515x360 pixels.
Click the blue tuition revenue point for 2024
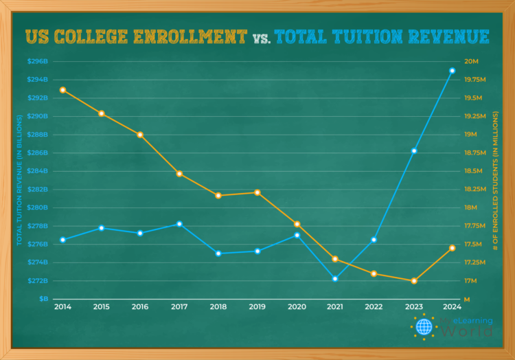tap(452, 71)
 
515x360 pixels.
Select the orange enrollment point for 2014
tap(62, 90)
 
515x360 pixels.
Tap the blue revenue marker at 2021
tap(335, 279)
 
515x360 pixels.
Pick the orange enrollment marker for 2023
tap(414, 281)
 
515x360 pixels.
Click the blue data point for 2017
tap(179, 224)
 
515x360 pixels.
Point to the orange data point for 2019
tap(257, 192)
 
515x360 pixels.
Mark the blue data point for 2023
tap(414, 151)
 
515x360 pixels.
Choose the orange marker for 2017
tap(179, 174)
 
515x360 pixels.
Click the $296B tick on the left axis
tap(38, 61)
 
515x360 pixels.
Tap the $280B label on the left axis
tap(38, 207)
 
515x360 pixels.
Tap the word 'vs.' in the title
tap(261, 38)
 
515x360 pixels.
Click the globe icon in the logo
tap(424, 326)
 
